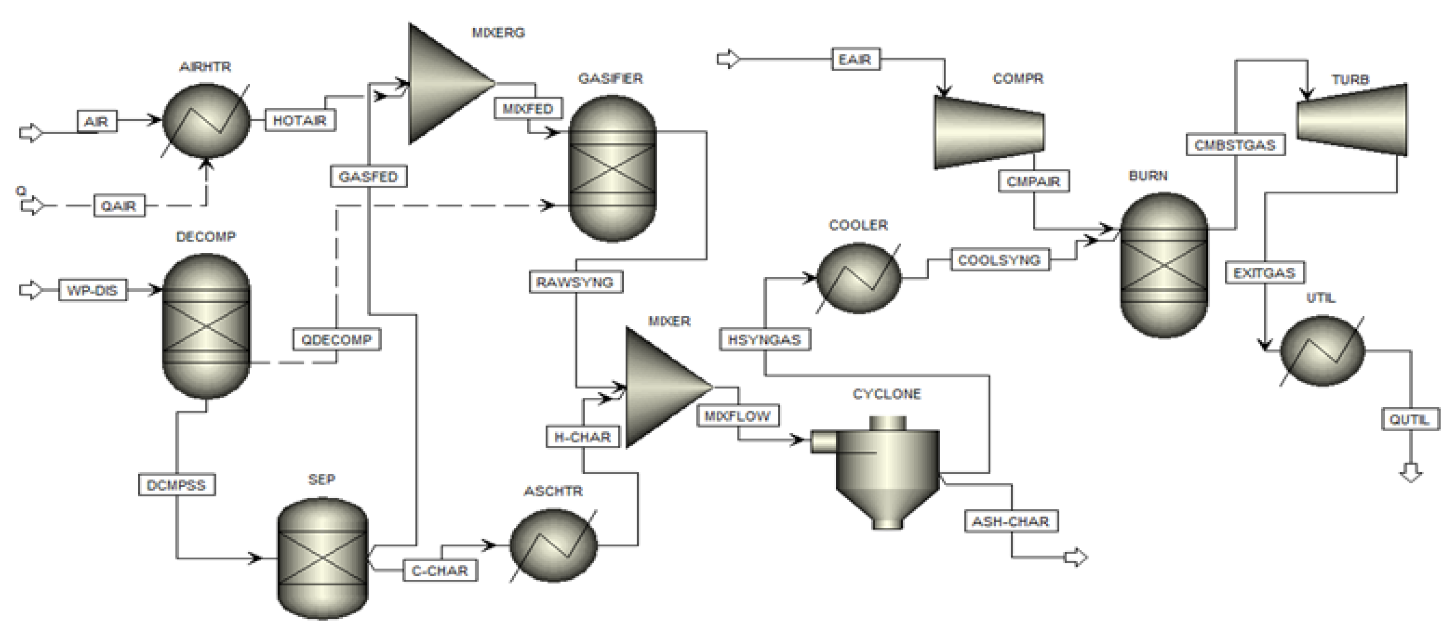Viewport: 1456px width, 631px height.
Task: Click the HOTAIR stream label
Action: (300, 121)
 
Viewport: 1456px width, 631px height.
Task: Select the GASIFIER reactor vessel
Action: (612, 169)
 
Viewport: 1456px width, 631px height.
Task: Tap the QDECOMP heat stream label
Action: (337, 340)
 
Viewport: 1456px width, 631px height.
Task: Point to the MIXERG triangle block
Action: (447, 84)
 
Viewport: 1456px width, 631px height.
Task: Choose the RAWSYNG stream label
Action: (575, 282)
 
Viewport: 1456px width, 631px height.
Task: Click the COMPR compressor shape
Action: (989, 132)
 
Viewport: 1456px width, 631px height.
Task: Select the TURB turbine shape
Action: (1352, 120)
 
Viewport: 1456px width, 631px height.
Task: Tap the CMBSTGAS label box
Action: (1235, 145)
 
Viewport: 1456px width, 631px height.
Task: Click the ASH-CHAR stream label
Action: (1010, 521)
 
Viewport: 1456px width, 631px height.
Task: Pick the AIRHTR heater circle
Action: (206, 121)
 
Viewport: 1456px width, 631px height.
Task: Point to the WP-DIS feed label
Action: (92, 290)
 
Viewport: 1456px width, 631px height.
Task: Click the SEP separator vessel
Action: (322, 558)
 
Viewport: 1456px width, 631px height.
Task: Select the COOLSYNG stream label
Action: (1000, 260)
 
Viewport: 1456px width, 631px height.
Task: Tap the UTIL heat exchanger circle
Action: (1322, 351)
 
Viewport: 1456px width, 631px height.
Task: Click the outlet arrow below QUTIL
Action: (1411, 472)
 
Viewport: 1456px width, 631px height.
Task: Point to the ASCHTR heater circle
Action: (553, 545)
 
